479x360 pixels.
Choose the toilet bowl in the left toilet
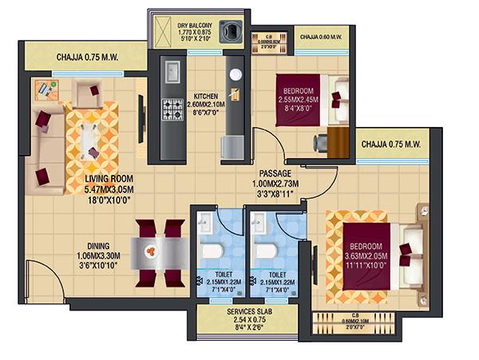[211, 251]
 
